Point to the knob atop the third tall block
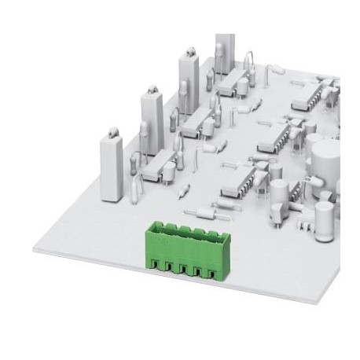pos(189,52)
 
